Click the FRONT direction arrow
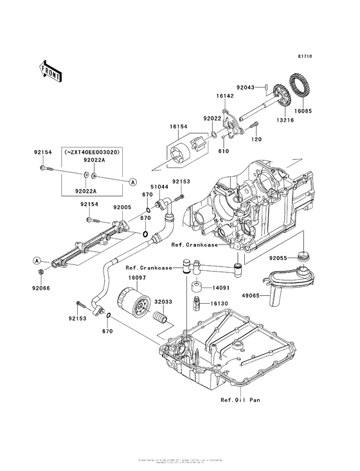(x=50, y=71)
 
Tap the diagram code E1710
(x=305, y=57)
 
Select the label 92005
(x=123, y=208)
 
